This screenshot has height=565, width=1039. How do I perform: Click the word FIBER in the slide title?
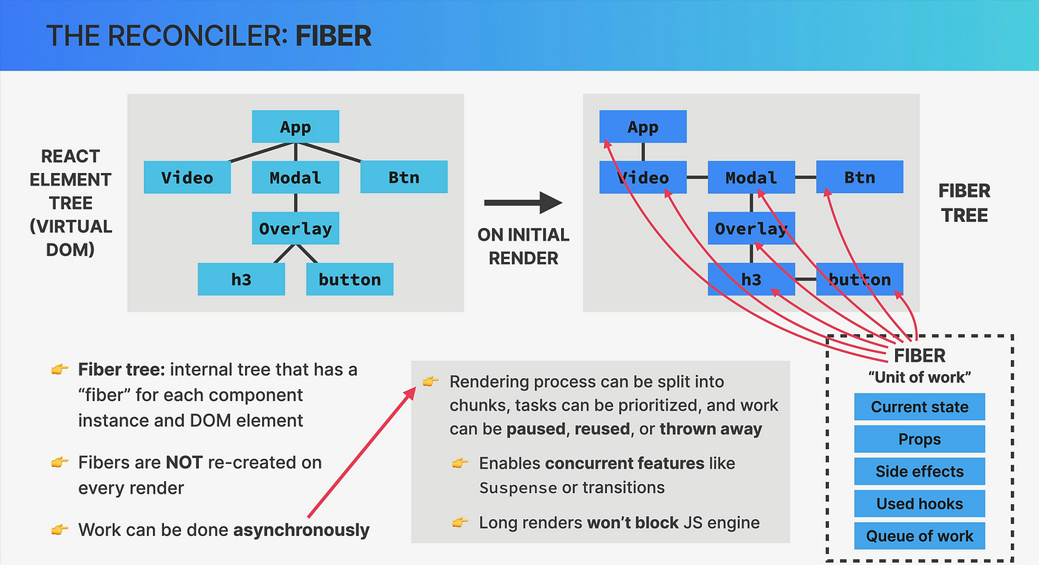pos(333,36)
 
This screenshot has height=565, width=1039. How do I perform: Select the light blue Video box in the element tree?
pos(187,177)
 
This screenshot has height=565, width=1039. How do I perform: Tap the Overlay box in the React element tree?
pos(295,228)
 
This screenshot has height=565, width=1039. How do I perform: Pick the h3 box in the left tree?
pos(241,279)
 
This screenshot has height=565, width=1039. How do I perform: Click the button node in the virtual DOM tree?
pos(350,279)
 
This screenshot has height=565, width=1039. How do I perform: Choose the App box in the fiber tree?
pos(643,126)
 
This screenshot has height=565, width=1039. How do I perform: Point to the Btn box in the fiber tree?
pos(860,177)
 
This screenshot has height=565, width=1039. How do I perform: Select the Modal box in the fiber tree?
pos(751,177)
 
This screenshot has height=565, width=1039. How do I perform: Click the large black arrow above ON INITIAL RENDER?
pos(523,203)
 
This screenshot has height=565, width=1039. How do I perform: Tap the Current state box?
pos(920,407)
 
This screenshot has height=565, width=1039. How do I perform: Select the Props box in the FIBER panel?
pos(920,439)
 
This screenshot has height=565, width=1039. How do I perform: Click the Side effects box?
pos(920,471)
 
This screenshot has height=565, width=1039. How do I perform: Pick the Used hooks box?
pos(920,503)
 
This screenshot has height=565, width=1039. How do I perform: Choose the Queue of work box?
pos(920,536)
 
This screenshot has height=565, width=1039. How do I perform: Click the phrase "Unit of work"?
pos(920,377)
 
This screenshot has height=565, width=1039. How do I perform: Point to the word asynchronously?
pos(301,530)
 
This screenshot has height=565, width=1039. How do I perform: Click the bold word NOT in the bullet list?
pos(184,463)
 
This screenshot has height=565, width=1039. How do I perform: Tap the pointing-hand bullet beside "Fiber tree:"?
pos(60,369)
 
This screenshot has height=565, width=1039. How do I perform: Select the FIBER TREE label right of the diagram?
pos(964,203)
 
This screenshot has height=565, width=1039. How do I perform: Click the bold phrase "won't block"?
pos(633,523)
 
